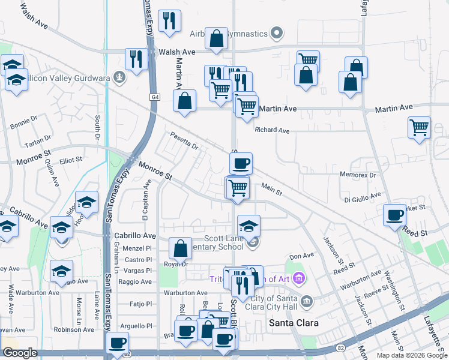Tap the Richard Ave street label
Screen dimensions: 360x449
point(272,130)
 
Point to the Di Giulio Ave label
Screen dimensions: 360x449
point(362,196)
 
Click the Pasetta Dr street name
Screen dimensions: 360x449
point(184,141)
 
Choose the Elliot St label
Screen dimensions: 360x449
point(70,160)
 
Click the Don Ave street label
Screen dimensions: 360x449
point(301,256)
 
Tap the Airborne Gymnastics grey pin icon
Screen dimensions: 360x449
point(277,33)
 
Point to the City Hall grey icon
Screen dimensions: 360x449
point(306,300)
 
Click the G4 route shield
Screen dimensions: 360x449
point(155,96)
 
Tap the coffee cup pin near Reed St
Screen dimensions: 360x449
point(395,215)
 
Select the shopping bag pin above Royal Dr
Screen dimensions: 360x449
point(180,248)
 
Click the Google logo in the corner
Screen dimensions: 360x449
point(20,353)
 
